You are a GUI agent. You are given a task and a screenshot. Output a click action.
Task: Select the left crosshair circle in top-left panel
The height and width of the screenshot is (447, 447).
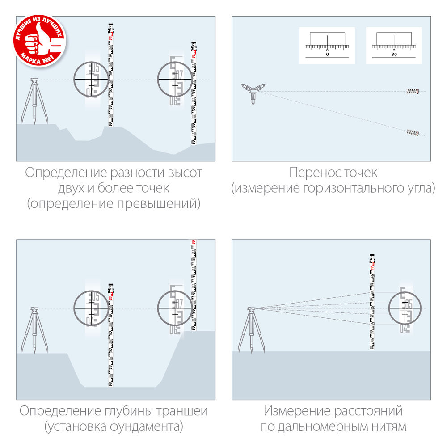point(91,79)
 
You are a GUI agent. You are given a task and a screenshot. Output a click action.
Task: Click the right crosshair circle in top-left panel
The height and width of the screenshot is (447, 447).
point(175,79)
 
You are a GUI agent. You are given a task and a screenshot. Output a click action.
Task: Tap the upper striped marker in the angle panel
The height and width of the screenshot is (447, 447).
point(413,92)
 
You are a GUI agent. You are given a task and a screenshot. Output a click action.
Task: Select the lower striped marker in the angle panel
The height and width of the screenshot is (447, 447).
point(413,132)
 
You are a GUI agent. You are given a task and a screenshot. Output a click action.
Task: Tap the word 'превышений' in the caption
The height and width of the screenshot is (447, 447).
point(163,204)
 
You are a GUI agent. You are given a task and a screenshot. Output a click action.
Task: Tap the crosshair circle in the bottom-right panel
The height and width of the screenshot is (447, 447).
point(405,308)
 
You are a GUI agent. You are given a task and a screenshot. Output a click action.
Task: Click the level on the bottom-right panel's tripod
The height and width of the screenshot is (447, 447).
point(252,308)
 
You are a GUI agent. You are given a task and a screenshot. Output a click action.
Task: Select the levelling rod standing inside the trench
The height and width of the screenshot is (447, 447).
point(110,335)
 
